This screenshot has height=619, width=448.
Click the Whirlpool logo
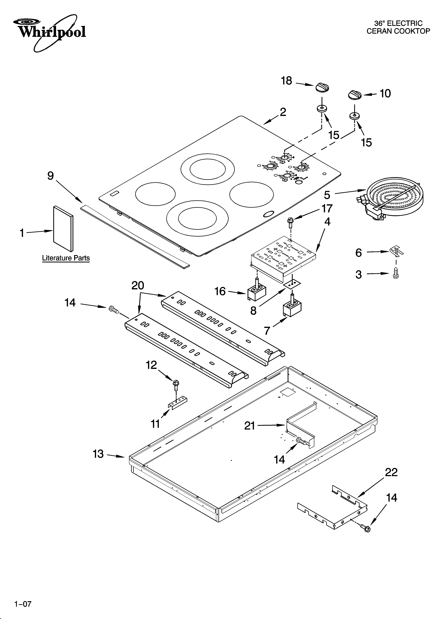(52, 32)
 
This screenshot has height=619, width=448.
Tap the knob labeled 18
(322, 88)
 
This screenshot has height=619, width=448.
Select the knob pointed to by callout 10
(355, 95)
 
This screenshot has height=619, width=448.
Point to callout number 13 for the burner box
(98, 454)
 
